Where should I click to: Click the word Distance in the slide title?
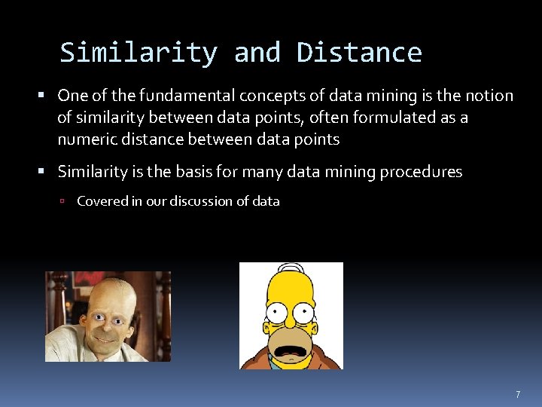(x=359, y=53)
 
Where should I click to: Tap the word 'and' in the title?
(x=257, y=53)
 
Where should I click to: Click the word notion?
(x=488, y=96)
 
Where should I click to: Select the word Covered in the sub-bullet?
(x=101, y=201)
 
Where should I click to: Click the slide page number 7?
(x=518, y=395)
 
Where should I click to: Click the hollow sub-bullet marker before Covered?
(x=66, y=201)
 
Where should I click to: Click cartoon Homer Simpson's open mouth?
(x=290, y=344)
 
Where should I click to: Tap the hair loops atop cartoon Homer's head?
(x=291, y=269)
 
